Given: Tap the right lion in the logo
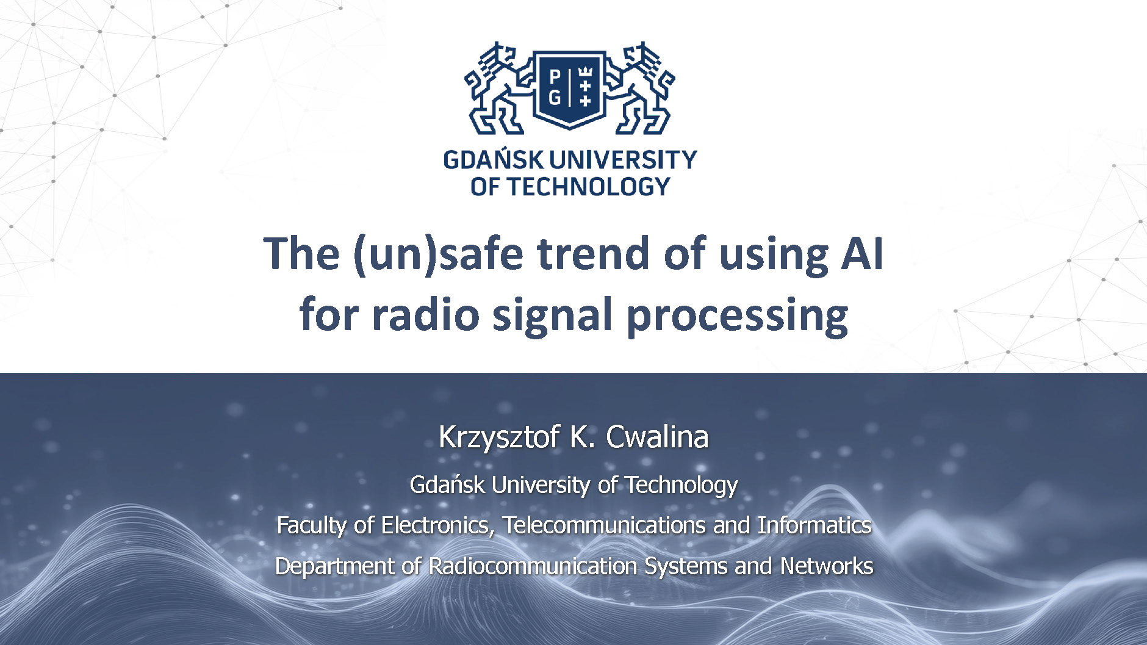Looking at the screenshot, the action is point(641,88).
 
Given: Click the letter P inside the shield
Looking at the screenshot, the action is point(555,77).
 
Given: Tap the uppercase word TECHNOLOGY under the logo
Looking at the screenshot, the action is point(589,187).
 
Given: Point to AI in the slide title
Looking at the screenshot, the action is point(862,253).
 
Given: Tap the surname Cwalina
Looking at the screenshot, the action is point(657,437).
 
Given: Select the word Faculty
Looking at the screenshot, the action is point(311,525).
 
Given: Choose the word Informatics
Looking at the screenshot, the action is point(814,525).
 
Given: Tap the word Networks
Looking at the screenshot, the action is point(827,566).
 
